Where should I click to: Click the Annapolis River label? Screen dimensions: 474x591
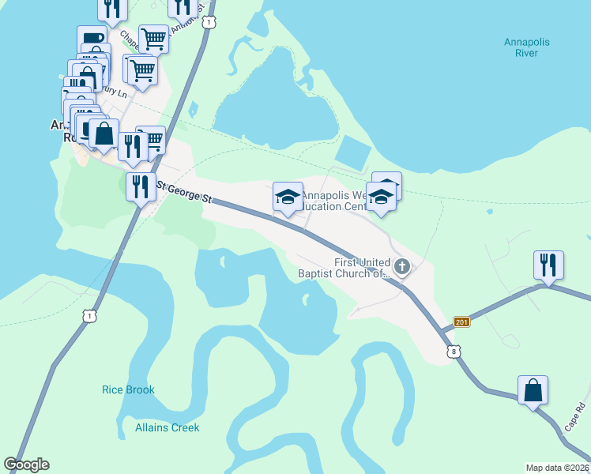click(x=525, y=47)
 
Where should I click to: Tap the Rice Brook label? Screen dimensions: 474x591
click(x=129, y=389)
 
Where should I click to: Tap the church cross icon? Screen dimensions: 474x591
click(x=402, y=267)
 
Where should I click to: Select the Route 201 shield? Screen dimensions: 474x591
click(x=462, y=322)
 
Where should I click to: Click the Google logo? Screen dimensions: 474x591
click(x=26, y=465)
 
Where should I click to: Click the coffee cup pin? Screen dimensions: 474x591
click(x=92, y=39)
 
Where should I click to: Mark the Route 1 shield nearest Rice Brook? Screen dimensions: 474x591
click(x=90, y=316)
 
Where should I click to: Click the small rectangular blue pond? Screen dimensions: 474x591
click(x=353, y=152)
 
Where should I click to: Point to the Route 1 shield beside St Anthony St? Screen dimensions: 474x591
click(x=208, y=23)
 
